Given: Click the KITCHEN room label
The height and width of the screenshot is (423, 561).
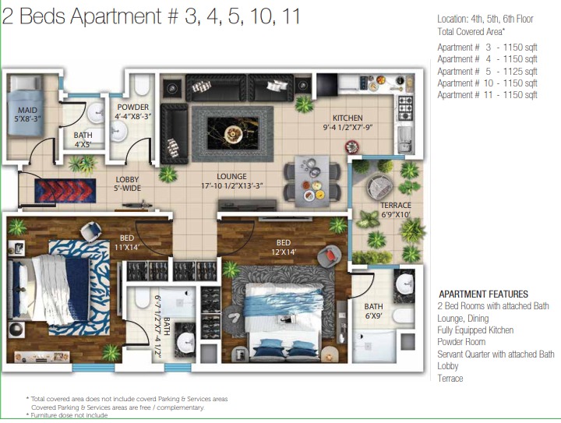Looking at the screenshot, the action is coord(348,118).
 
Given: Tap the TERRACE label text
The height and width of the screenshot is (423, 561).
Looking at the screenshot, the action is coord(395,205).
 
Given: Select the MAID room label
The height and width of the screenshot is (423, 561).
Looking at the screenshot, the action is coord(27,110).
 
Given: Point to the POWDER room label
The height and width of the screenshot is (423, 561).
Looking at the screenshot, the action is coord(132,108).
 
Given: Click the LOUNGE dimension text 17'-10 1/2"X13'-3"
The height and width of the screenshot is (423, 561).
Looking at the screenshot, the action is coord(232,186).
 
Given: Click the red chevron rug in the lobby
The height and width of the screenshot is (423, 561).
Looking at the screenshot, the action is coord(65,191).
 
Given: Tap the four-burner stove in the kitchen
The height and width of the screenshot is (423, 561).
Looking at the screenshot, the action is coord(405,108).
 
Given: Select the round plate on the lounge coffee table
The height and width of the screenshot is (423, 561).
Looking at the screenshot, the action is coord(233,135).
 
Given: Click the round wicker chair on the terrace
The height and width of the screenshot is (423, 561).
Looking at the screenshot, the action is coord(380,186).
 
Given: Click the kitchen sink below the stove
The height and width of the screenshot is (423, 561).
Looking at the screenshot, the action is coord(405,139).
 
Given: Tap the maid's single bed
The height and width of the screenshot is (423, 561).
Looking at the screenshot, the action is coord(26,105).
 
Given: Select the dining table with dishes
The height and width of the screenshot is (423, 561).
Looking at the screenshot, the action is coord(312,182).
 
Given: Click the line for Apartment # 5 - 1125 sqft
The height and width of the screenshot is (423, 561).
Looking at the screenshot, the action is coord(487,71).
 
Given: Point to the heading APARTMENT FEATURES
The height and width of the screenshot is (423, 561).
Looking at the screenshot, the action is coord(483,294).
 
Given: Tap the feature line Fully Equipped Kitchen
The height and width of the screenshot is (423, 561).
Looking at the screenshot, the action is coord(475,330).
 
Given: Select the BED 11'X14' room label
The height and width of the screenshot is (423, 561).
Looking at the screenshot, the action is coord(127,242).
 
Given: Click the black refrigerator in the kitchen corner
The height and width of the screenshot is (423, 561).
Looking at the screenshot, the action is coord(327,85).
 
